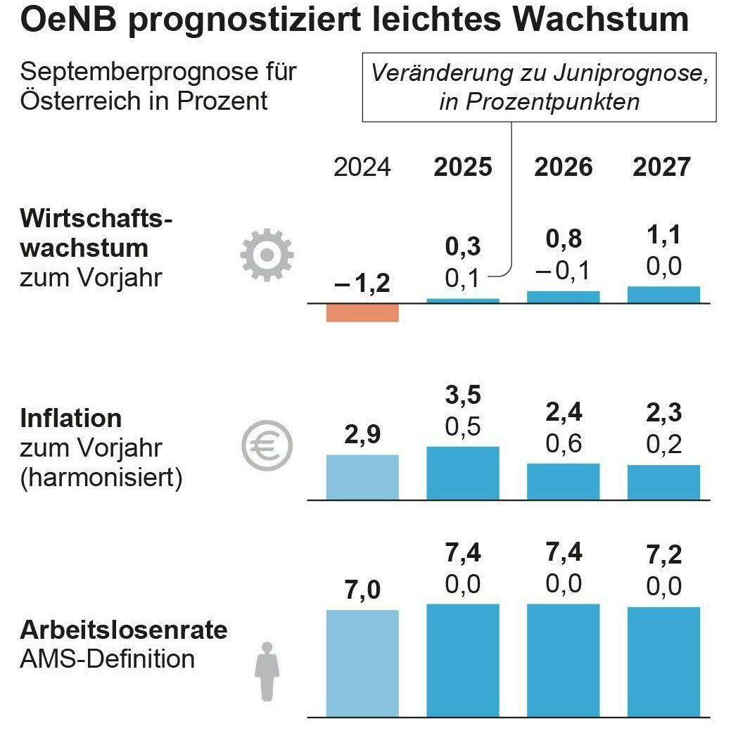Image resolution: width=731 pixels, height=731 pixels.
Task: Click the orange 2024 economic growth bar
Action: [x=362, y=312]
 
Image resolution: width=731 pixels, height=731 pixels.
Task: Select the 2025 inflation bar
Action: [x=463, y=473]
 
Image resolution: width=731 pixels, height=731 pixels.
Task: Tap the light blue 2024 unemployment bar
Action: [x=362, y=663]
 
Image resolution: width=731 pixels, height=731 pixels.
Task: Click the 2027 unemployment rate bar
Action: [x=663, y=661]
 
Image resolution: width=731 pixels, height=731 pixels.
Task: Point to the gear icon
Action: [x=267, y=255]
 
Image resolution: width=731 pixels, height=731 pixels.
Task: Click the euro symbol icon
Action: [x=267, y=447]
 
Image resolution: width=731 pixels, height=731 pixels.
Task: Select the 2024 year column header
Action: [x=362, y=167]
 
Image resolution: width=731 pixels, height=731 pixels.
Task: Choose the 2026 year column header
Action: [x=563, y=167]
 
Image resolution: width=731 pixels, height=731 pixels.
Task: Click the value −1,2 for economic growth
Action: [x=362, y=284]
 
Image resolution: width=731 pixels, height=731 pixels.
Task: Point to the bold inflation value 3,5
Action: [x=463, y=396]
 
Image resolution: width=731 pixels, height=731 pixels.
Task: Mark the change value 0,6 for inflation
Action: [x=563, y=444]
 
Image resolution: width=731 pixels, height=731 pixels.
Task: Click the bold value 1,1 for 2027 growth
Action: [x=663, y=236]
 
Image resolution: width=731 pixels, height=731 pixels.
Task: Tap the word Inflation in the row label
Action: [x=71, y=419]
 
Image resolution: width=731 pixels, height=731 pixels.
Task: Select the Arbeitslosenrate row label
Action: [x=124, y=630]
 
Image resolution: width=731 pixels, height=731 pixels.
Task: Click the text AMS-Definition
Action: [x=108, y=659]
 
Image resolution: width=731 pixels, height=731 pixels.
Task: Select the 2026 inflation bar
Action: [x=563, y=481]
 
